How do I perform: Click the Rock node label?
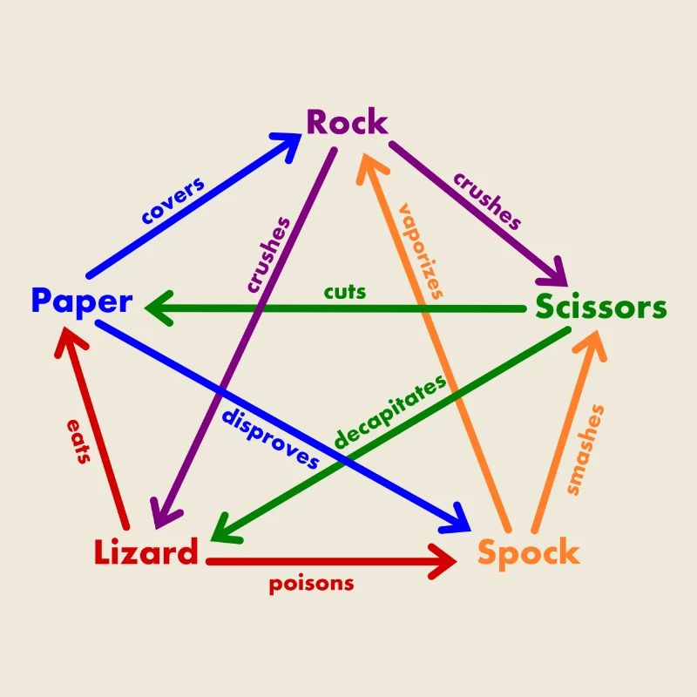click(x=347, y=123)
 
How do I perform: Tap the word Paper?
click(x=81, y=301)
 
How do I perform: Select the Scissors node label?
click(x=600, y=308)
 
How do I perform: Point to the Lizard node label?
click(x=145, y=552)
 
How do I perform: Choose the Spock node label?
click(x=528, y=552)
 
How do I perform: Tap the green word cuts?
click(x=345, y=291)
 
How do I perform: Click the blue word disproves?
click(x=270, y=436)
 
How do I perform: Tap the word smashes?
click(x=585, y=450)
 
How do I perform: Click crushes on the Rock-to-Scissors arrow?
click(x=487, y=200)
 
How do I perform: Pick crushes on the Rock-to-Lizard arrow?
click(x=267, y=254)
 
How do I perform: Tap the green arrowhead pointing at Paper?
click(x=157, y=308)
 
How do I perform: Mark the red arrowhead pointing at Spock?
click(x=443, y=562)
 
